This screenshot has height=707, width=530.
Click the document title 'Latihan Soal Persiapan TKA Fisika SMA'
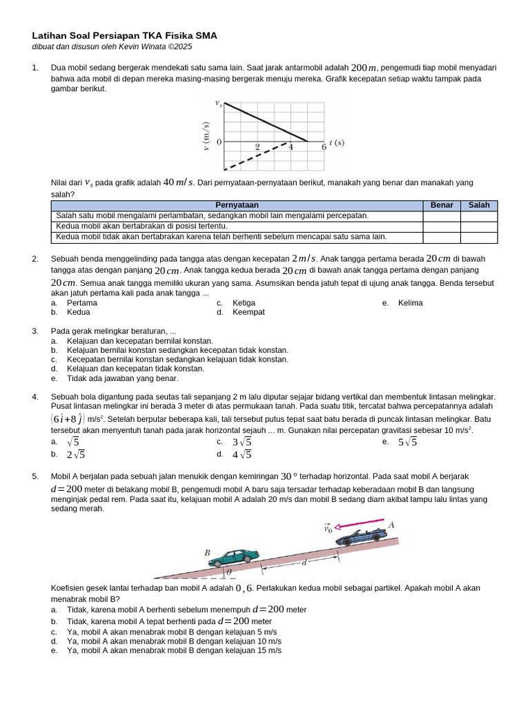click(125, 36)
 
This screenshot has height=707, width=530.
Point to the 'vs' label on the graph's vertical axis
click(219, 104)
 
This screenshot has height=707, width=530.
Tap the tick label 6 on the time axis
click(324, 147)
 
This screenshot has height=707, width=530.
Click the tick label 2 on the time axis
click(257, 147)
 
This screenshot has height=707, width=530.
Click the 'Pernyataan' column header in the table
click(237, 205)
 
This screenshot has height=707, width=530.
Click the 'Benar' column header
click(442, 205)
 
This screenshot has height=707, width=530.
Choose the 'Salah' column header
click(479, 205)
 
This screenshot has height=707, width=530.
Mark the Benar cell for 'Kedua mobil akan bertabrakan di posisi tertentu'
click(442, 226)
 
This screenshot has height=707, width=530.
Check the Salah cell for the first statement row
click(479, 216)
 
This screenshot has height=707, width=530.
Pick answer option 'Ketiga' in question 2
click(244, 303)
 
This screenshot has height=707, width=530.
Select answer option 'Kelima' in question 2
click(410, 303)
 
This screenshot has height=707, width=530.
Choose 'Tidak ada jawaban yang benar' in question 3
click(122, 378)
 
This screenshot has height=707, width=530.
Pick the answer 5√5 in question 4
click(407, 443)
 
